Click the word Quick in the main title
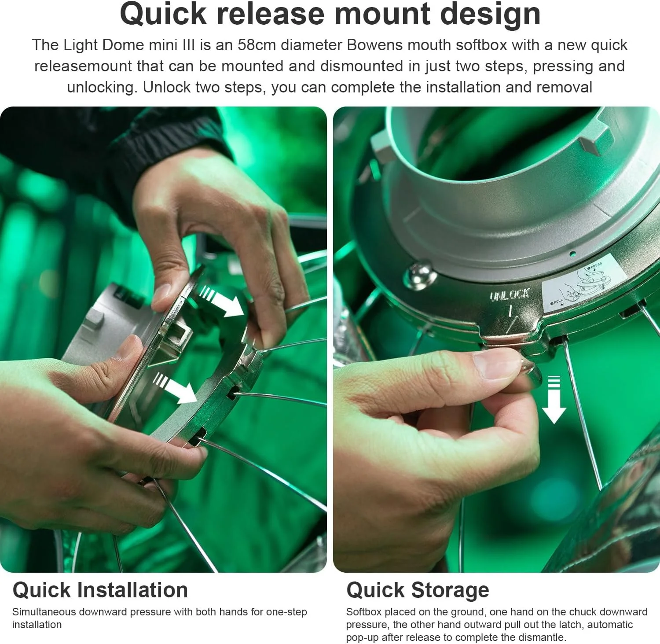click(163, 14)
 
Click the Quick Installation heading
click(100, 590)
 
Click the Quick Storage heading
click(418, 590)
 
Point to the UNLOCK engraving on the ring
click(510, 294)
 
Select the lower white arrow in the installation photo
click(176, 387)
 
